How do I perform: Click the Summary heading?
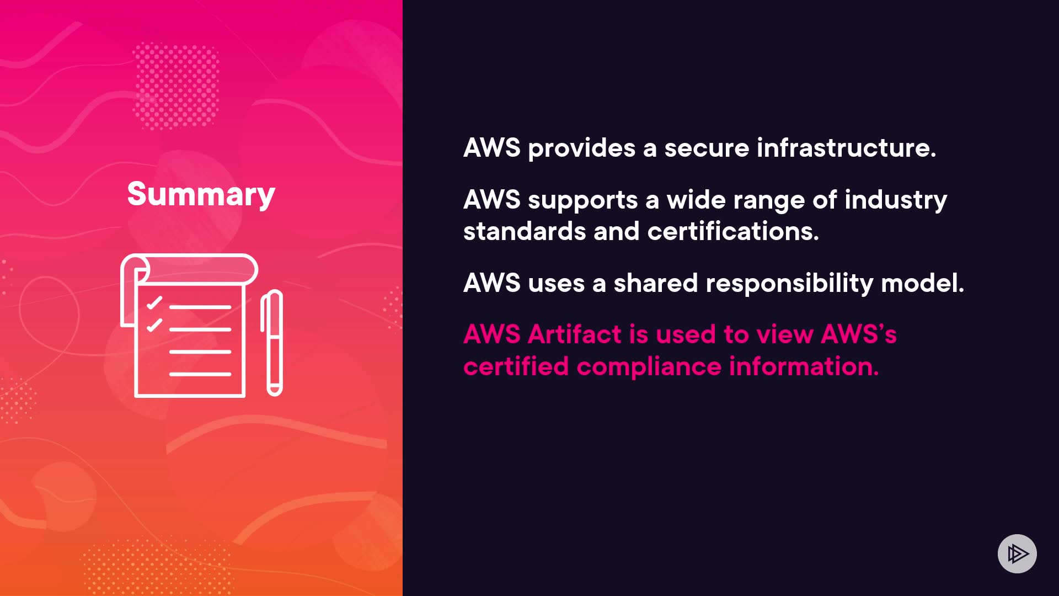coord(201,194)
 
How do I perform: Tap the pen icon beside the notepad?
coord(272,342)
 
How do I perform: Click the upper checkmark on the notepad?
coord(154,302)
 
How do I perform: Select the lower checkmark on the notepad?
coord(154,324)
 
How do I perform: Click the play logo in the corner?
coord(1017,554)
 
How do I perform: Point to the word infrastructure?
coord(846,148)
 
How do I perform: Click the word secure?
coord(707,148)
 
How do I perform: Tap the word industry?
coord(896,200)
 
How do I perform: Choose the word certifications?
coord(733,231)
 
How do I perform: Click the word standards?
coord(524,231)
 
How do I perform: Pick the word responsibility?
coord(789,284)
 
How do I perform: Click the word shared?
coord(656,283)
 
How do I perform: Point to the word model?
coord(922,283)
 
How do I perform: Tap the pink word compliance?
coord(649,367)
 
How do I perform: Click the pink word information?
coord(804,366)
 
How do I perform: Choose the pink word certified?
coord(516,366)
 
